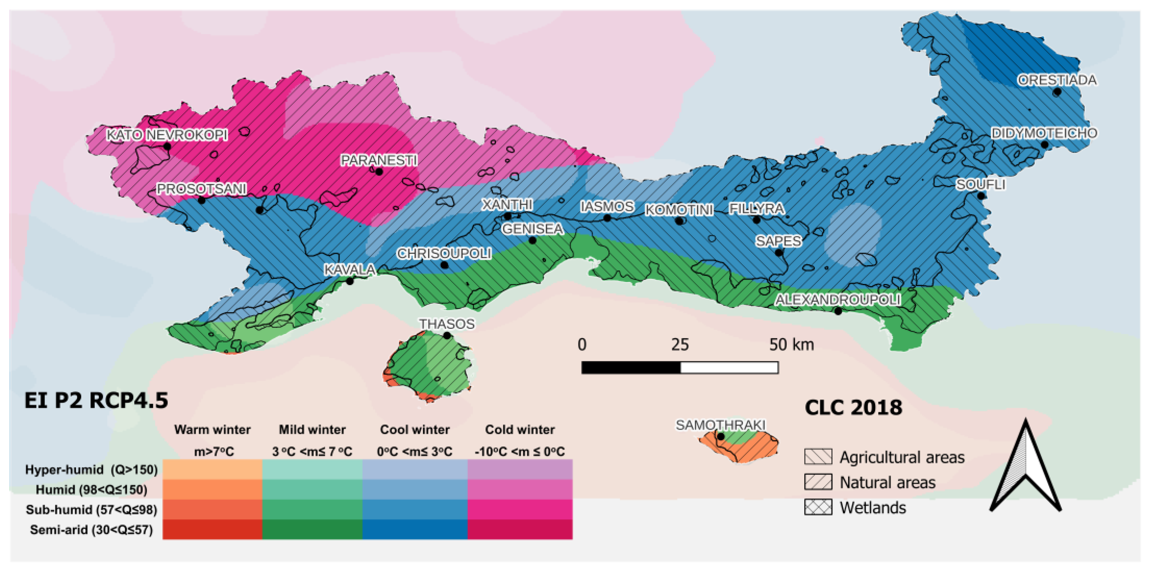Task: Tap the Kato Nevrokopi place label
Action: [x=167, y=135]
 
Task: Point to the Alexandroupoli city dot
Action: [x=838, y=311]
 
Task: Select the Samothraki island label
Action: [x=720, y=425]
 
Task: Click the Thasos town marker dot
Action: [x=447, y=335]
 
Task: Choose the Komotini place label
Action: [x=679, y=209]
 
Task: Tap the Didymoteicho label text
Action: [x=1044, y=133]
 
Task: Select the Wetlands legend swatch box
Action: [x=818, y=507]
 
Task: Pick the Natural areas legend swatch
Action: [x=818, y=482]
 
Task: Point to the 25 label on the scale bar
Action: [x=680, y=344]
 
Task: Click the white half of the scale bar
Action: [x=729, y=368]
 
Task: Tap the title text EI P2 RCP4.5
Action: [x=96, y=400]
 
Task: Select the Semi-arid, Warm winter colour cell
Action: [x=212, y=529]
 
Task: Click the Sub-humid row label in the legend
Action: [x=92, y=510]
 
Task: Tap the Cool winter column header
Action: [x=415, y=430]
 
